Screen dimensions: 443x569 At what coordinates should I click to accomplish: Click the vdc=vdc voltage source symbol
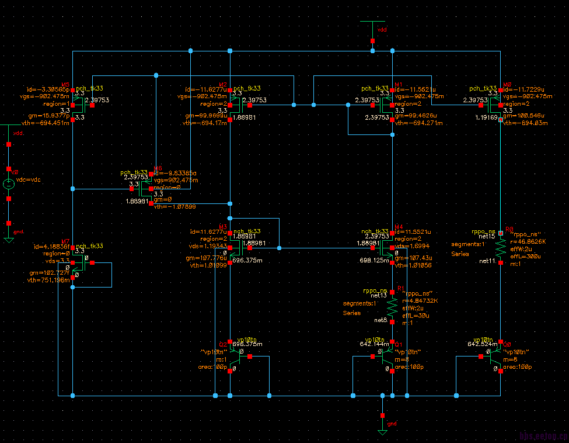click(9, 184)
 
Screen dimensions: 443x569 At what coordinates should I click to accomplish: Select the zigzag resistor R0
click(500, 248)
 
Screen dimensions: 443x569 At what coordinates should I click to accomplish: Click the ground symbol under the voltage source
click(9, 239)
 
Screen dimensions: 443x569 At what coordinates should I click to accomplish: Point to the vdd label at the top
click(382, 29)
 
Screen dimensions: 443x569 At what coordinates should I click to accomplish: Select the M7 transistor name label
click(65, 241)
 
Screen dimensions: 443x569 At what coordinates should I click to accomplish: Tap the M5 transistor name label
click(65, 85)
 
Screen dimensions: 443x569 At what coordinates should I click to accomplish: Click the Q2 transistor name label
click(222, 345)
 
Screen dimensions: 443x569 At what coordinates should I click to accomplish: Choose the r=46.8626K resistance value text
click(528, 241)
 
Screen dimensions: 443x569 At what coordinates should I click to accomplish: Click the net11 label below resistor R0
click(487, 261)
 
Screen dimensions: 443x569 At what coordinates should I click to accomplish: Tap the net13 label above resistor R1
click(379, 296)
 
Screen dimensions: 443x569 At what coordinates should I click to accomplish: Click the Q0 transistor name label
click(507, 345)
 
